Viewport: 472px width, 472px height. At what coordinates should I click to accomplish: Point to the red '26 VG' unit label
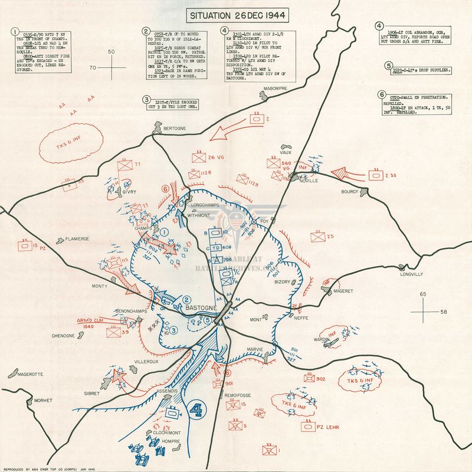216,157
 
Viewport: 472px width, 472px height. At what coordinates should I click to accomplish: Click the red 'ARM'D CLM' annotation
89,321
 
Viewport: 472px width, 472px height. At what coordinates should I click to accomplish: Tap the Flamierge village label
77,239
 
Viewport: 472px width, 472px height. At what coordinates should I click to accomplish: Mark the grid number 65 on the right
422,293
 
